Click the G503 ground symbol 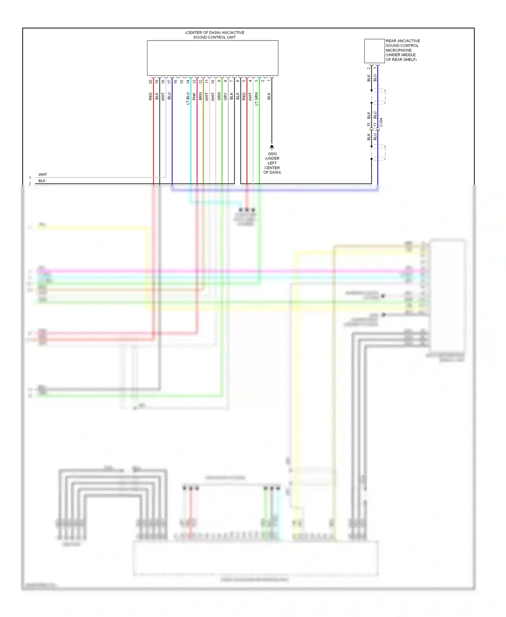272,147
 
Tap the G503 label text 272,154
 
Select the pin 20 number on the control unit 150,82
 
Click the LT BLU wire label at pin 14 188,98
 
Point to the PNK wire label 194,97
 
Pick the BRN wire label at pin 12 200,97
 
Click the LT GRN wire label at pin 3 256,99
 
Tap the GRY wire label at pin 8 225,97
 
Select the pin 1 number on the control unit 269,80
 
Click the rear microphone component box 374,51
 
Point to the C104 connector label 381,122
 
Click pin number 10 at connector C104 369,125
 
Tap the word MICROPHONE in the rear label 398,50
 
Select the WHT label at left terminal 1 43,175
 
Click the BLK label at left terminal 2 42,181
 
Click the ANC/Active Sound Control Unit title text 215,35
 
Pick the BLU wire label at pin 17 169,96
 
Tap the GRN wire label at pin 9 219,97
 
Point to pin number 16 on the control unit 175,81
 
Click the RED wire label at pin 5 244,96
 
